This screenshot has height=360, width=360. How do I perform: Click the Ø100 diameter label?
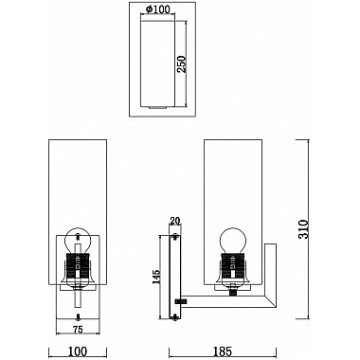click(x=159, y=10)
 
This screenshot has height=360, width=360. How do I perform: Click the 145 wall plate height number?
click(x=156, y=278)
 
